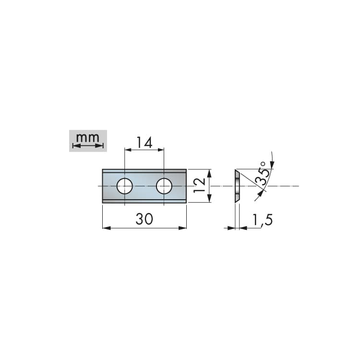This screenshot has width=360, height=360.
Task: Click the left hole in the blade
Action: [x=124, y=186]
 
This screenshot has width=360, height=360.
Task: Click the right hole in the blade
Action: [x=164, y=186]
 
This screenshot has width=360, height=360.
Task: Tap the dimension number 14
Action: [x=144, y=143]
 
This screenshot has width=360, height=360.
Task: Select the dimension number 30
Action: [x=144, y=219]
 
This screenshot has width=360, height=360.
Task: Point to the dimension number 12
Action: [x=199, y=185]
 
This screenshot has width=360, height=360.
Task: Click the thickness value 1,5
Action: [x=262, y=220]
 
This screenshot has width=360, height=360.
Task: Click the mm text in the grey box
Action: [x=88, y=138]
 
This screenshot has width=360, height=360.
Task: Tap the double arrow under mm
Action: [x=88, y=146]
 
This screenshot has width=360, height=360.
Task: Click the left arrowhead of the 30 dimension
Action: [x=106, y=228]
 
